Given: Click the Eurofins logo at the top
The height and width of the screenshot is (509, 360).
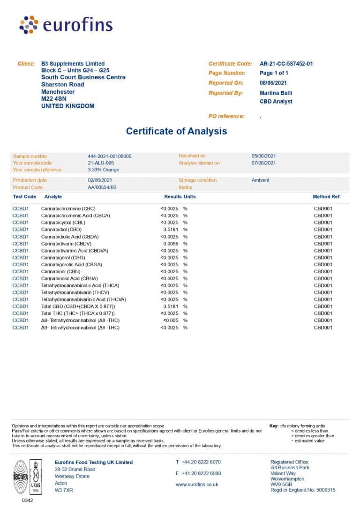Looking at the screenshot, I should click(x=66, y=24).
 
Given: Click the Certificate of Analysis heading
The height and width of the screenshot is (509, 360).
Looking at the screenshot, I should click(x=176, y=131).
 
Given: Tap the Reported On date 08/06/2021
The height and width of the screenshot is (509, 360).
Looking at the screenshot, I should click(x=273, y=83).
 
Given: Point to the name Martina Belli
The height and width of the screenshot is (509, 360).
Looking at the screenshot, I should click(x=276, y=93).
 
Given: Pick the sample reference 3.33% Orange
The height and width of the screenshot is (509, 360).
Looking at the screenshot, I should click(x=103, y=170).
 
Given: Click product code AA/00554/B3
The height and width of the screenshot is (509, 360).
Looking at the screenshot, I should click(x=102, y=187).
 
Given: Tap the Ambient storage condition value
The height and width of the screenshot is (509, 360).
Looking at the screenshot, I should click(x=260, y=180).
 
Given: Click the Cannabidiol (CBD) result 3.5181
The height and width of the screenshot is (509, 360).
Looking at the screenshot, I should click(x=171, y=230).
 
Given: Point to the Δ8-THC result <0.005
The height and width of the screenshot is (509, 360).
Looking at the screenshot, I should click(x=171, y=321).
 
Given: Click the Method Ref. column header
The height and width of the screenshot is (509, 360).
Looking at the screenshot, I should click(x=326, y=197).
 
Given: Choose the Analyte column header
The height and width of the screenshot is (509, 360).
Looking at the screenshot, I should click(x=53, y=197).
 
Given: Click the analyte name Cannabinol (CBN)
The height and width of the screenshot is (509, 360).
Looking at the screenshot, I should click(x=62, y=271).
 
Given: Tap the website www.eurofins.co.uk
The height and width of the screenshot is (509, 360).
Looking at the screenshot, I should click(x=197, y=484).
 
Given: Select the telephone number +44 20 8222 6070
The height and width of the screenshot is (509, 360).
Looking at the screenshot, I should click(x=201, y=462).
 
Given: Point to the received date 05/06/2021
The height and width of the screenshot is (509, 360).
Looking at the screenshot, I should click(x=263, y=156).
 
